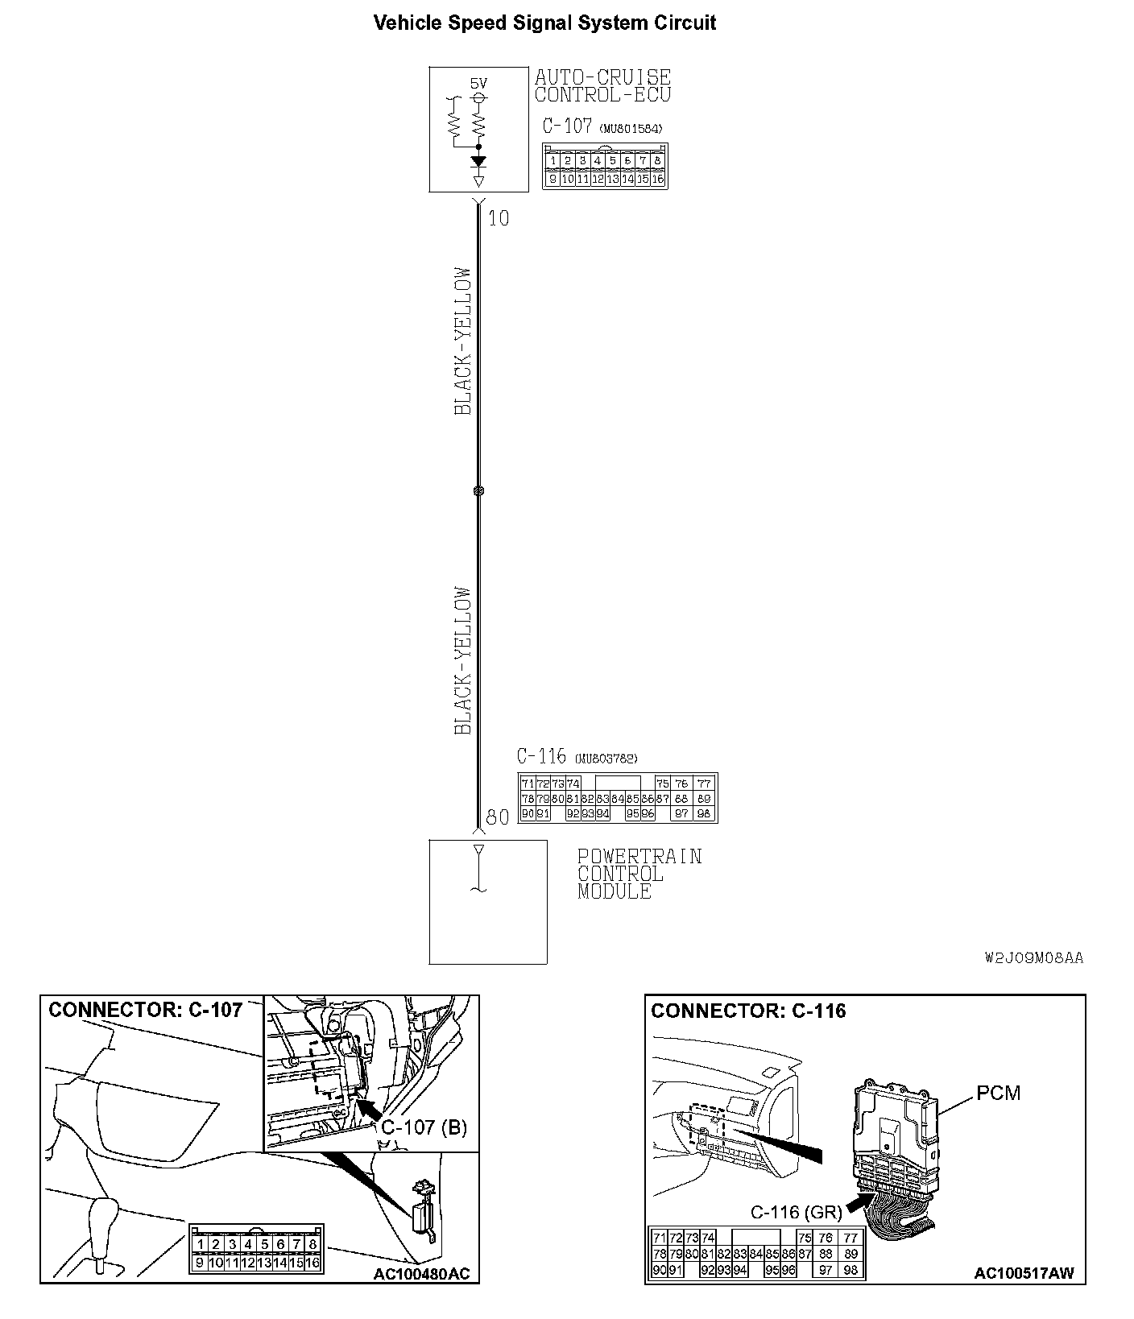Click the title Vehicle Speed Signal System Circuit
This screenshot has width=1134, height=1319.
544,23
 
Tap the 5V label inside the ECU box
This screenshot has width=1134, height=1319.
478,83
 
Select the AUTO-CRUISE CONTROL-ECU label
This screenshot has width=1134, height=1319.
602,85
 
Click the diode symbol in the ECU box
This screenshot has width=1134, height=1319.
478,161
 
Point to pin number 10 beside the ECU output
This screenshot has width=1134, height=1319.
499,218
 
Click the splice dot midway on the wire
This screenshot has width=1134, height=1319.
478,490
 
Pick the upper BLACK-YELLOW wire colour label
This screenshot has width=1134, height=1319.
462,341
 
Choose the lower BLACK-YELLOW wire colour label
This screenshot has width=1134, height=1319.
462,660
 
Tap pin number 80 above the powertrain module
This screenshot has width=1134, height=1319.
498,817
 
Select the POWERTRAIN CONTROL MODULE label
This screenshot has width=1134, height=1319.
639,874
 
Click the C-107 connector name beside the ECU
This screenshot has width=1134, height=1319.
567,126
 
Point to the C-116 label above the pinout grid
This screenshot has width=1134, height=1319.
541,757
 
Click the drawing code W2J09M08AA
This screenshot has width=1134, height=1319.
1034,958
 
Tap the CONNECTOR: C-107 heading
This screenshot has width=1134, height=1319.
146,1011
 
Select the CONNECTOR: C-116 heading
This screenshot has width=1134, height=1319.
748,1011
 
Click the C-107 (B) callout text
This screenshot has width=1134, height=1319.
424,1127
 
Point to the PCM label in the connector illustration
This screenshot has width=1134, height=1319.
998,1093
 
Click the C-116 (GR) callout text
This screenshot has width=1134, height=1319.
796,1212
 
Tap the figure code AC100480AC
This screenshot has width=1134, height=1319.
421,1275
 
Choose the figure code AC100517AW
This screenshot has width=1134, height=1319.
1024,1274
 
